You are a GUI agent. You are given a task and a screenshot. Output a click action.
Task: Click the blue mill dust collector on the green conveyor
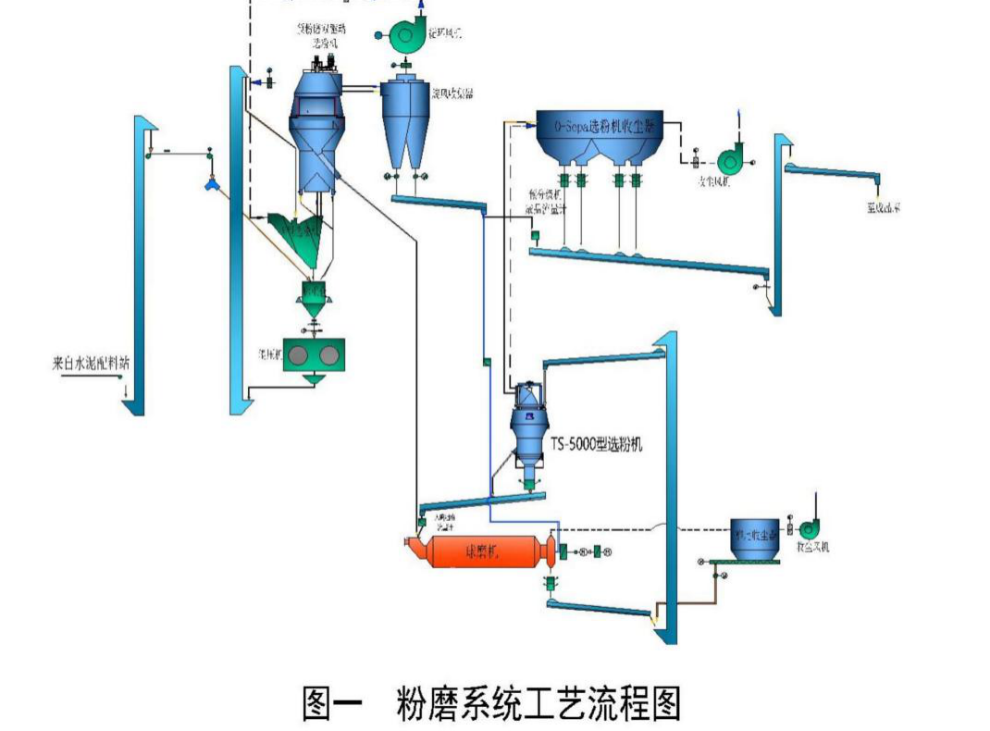point(751,539)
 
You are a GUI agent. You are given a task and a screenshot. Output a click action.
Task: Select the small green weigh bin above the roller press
point(313,295)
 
